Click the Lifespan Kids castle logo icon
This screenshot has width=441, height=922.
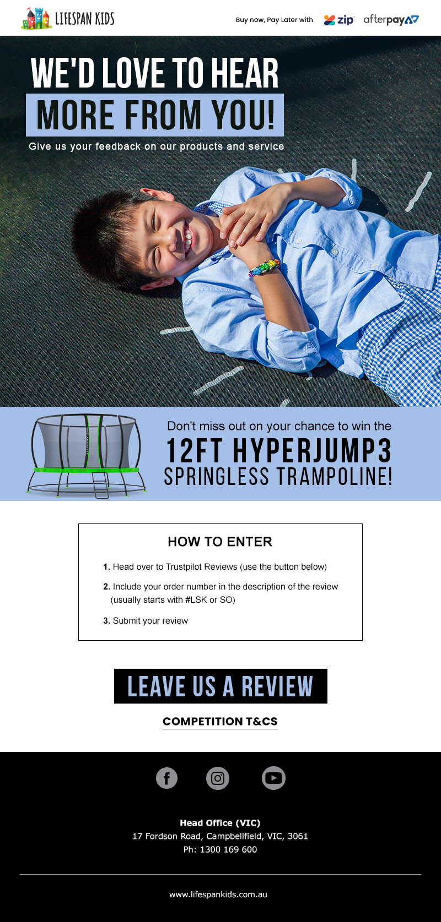37,19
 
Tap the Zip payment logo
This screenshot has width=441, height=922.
339,20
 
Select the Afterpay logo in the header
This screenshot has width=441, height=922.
391,20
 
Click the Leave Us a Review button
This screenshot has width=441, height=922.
220,686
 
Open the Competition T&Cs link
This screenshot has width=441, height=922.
220,722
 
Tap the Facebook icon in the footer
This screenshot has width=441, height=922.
166,778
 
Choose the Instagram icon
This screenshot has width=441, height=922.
218,778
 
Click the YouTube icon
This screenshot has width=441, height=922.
273,778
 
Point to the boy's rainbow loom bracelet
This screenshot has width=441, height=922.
264,268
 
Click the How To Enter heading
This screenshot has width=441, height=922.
220,542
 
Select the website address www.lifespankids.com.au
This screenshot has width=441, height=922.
218,894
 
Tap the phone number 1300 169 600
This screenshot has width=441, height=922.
228,849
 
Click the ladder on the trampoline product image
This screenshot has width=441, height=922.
100,485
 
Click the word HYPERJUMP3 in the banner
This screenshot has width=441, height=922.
312,451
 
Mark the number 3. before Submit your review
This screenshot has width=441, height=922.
106,621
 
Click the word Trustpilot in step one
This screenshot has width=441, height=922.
185,567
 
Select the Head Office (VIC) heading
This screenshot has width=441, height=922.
220,823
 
